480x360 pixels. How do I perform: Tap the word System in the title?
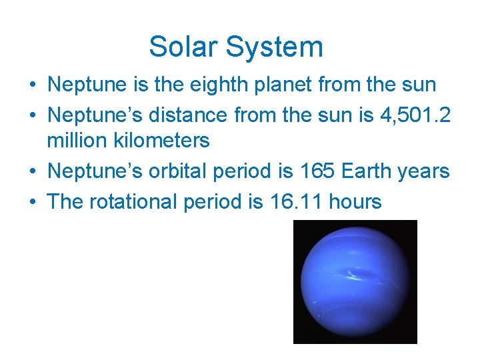tap(274, 47)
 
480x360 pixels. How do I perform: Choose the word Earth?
tap(367, 171)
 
